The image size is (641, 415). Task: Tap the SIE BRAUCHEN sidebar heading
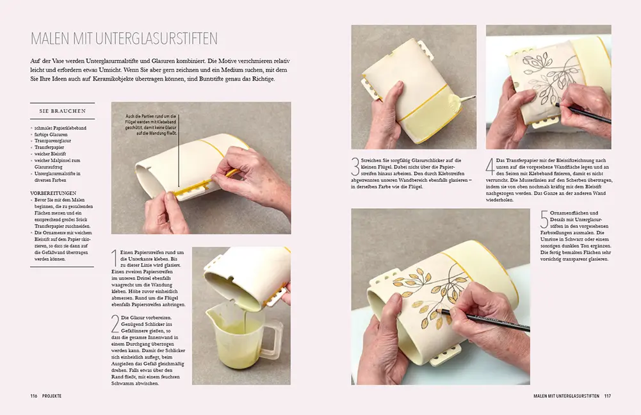pos(62,111)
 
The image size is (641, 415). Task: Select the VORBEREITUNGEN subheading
pos(53,192)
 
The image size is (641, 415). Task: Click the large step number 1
pos(115,257)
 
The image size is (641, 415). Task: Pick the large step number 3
pos(356,167)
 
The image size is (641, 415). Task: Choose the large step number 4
pos(491,167)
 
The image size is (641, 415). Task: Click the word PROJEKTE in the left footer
pos(52,396)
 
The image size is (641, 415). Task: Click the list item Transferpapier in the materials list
pos(48,147)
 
